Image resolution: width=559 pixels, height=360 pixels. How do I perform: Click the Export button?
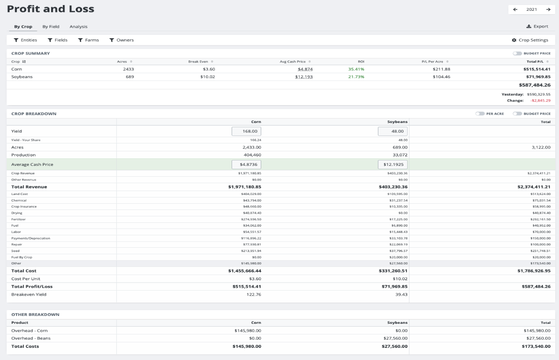(537, 26)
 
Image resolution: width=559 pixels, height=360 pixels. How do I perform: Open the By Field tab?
(51, 27)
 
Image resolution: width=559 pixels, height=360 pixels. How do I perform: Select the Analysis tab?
(79, 27)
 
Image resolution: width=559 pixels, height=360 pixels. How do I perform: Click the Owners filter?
(121, 40)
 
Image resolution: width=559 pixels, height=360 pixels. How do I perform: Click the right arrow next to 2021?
(548, 10)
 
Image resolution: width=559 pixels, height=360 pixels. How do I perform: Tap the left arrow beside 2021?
(515, 10)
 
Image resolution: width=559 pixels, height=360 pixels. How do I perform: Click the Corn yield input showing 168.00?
(246, 131)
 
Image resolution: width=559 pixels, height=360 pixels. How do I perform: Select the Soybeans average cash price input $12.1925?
(393, 164)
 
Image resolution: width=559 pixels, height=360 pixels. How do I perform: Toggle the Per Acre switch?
(480, 113)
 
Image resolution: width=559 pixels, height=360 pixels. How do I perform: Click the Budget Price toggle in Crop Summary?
(517, 53)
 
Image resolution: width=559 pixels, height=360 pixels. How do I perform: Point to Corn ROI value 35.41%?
(356, 69)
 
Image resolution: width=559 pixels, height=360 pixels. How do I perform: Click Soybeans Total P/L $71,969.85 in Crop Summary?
(537, 77)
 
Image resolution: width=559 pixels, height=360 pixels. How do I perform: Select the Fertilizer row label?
(18, 219)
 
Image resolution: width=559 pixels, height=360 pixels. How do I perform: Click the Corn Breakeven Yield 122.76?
(254, 294)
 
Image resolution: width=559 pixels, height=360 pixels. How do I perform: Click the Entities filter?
(25, 40)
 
